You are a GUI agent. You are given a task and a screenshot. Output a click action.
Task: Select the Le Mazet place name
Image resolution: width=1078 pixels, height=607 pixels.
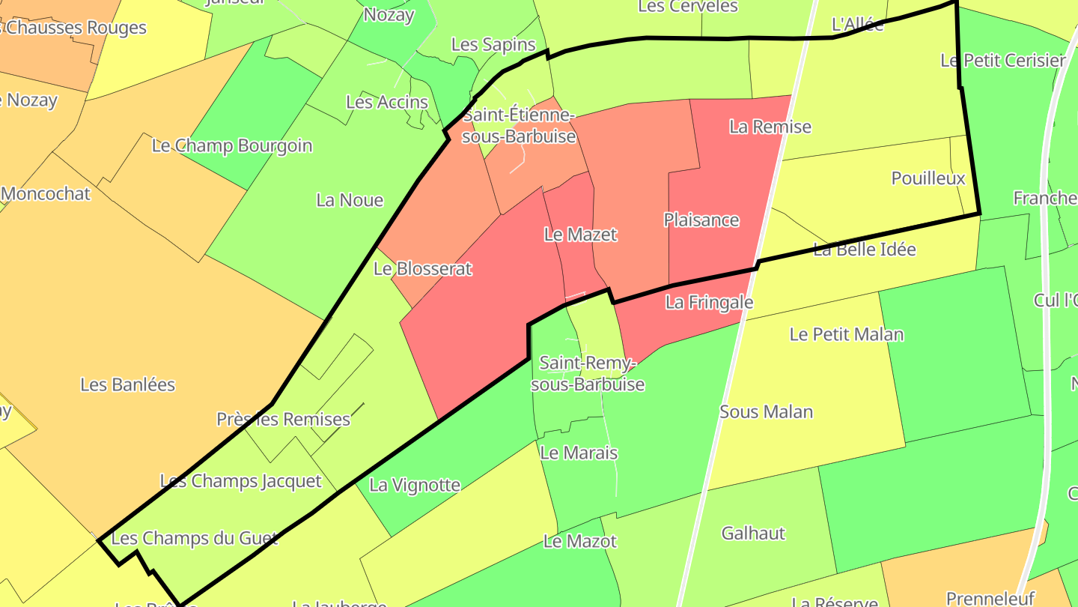pyautogui.click(x=580, y=235)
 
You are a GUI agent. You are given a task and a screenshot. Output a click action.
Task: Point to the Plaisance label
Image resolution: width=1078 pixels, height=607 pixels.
pyautogui.click(x=701, y=220)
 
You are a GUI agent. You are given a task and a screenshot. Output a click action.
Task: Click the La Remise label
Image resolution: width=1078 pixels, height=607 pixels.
pyautogui.click(x=770, y=127)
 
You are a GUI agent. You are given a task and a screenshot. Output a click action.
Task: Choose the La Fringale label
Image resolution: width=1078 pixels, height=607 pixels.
pyautogui.click(x=709, y=303)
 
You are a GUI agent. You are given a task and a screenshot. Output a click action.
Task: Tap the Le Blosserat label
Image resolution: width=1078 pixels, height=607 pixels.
pyautogui.click(x=423, y=268)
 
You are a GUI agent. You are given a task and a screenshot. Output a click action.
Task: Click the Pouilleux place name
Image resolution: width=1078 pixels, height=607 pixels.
pyautogui.click(x=928, y=178)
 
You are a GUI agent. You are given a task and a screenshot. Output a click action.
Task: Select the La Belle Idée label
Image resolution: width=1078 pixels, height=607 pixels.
pyautogui.click(x=865, y=250)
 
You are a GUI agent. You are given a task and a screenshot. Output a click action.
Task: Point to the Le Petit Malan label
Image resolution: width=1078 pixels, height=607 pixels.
pyautogui.click(x=847, y=334)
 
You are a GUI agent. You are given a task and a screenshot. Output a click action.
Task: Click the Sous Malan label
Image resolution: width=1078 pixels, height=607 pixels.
pyautogui.click(x=766, y=411)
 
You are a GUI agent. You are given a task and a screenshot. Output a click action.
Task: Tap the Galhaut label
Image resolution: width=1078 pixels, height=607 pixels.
pyautogui.click(x=753, y=534)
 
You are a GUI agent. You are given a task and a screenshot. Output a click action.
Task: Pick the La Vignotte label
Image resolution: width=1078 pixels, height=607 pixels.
pyautogui.click(x=415, y=485)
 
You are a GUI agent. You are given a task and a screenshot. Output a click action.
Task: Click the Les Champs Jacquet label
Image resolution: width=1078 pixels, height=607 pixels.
pyautogui.click(x=240, y=481)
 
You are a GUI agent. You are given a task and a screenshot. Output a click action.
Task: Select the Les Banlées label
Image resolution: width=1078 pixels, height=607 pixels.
pyautogui.click(x=127, y=385)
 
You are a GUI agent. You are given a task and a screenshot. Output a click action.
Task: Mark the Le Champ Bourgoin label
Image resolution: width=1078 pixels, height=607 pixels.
pyautogui.click(x=232, y=145)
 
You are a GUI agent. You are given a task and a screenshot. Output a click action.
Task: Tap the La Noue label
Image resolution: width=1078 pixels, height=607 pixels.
pyautogui.click(x=350, y=200)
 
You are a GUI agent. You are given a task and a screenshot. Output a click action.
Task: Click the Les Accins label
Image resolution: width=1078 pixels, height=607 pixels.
pyautogui.click(x=387, y=102)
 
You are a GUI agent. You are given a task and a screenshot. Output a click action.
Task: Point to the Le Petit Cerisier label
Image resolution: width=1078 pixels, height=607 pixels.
pyautogui.click(x=1003, y=61)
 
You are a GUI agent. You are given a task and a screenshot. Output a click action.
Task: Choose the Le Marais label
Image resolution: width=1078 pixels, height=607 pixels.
pyautogui.click(x=579, y=453)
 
